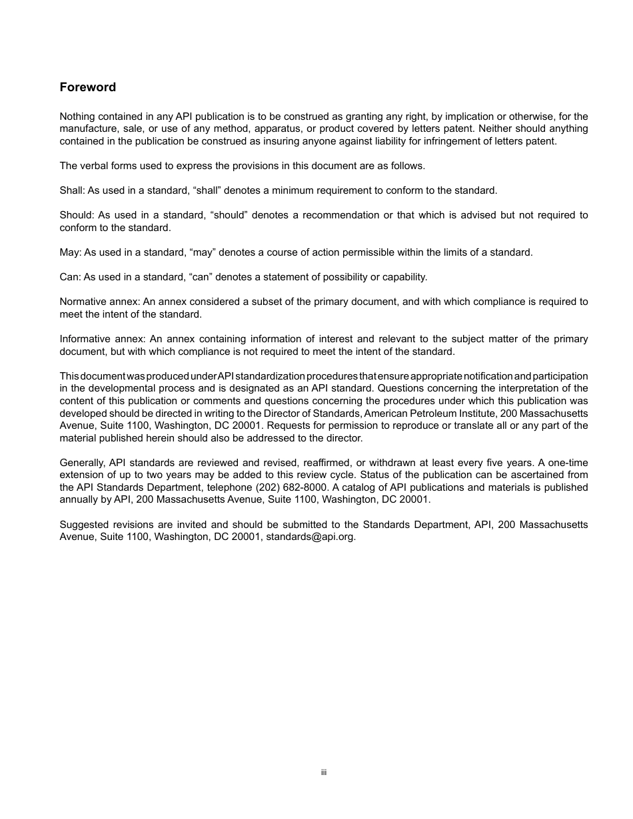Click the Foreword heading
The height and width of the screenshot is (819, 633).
point(87,87)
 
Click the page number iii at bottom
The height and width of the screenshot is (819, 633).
point(323,773)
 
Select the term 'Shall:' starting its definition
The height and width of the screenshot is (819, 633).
point(71,190)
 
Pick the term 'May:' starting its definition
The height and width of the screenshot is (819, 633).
point(71,252)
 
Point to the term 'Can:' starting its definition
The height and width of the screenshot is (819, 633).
point(70,277)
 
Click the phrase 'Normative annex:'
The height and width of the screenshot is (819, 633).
point(99,302)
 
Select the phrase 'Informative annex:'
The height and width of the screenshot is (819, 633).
point(102,339)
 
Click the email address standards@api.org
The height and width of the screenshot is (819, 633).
point(311,537)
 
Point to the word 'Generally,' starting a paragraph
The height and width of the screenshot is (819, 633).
point(83,463)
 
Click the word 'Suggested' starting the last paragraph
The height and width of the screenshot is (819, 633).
point(83,525)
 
